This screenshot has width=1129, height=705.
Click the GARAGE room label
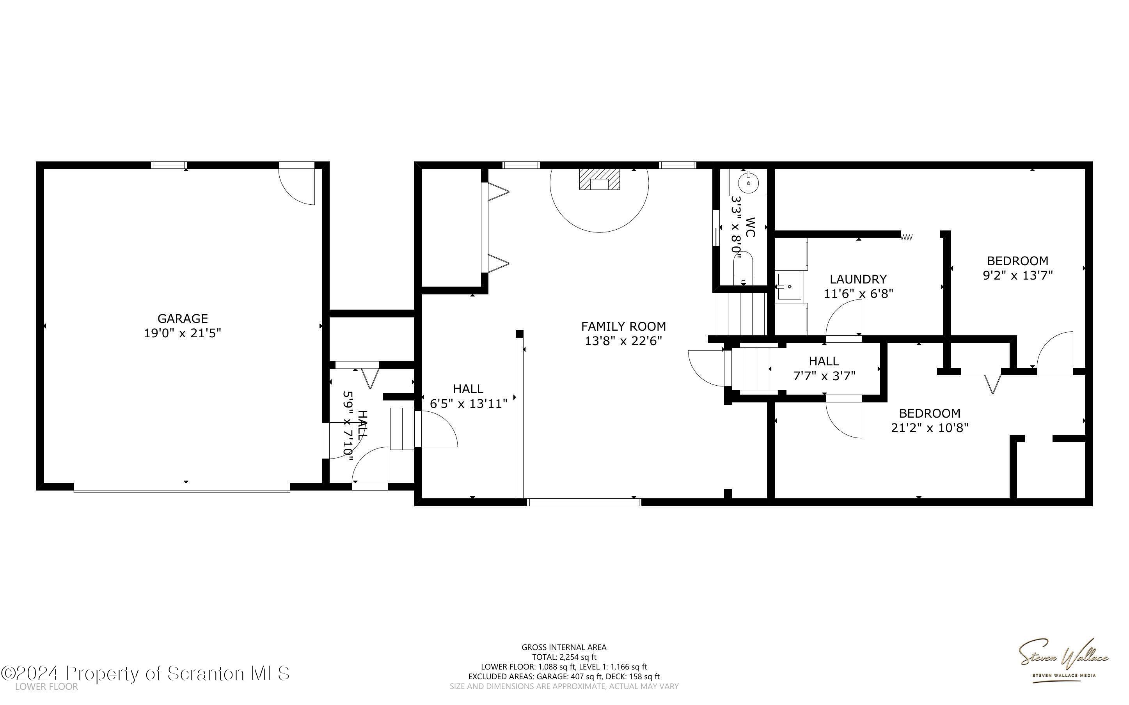pos(182,319)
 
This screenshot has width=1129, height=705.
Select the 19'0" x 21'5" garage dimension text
pos(182,333)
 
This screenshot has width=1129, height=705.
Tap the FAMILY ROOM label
pos(623,326)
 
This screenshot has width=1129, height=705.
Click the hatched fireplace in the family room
pos(599,179)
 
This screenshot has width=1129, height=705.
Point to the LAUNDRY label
pos(857,279)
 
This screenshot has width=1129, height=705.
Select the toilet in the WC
pos(743,268)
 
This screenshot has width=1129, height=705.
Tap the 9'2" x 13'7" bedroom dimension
pos(1017,276)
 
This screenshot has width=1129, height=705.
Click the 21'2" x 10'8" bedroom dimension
pos(929,428)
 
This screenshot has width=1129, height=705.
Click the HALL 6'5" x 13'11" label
pos(468,396)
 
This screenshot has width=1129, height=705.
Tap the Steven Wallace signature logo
pos(1063,658)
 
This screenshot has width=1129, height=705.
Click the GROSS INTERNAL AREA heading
pos(564,647)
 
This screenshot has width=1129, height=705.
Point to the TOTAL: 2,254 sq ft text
pos(564,657)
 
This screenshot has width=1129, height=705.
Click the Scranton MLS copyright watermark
pos(145,673)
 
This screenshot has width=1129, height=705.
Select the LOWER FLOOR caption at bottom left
pos(47,687)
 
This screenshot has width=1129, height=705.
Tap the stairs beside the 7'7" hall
pos(751,368)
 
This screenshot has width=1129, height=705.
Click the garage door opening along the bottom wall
pos(182,490)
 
